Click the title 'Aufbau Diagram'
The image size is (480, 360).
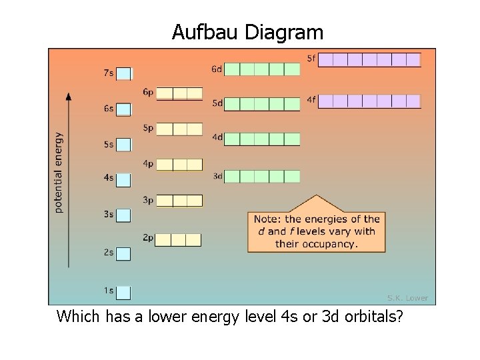click(x=247, y=32)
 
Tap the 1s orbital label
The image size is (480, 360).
click(x=108, y=291)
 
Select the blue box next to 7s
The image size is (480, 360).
click(x=125, y=74)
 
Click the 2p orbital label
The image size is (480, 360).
click(x=148, y=237)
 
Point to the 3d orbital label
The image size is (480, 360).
click(x=217, y=176)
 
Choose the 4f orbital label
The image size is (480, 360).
click(x=311, y=100)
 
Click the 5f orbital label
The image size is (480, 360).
click(x=311, y=58)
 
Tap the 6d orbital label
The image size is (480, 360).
click(x=217, y=69)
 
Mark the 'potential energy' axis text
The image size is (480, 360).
click(x=59, y=172)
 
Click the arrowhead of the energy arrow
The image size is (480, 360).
click(x=69, y=95)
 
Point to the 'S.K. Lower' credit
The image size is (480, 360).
click(x=407, y=298)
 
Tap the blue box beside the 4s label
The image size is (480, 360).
click(x=125, y=180)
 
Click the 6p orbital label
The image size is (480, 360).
click(x=148, y=92)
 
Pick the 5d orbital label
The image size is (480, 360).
click(x=217, y=103)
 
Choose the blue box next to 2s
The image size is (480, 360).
click(x=125, y=254)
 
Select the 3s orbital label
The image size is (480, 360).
click(x=108, y=214)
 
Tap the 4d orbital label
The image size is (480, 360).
click(x=217, y=137)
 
